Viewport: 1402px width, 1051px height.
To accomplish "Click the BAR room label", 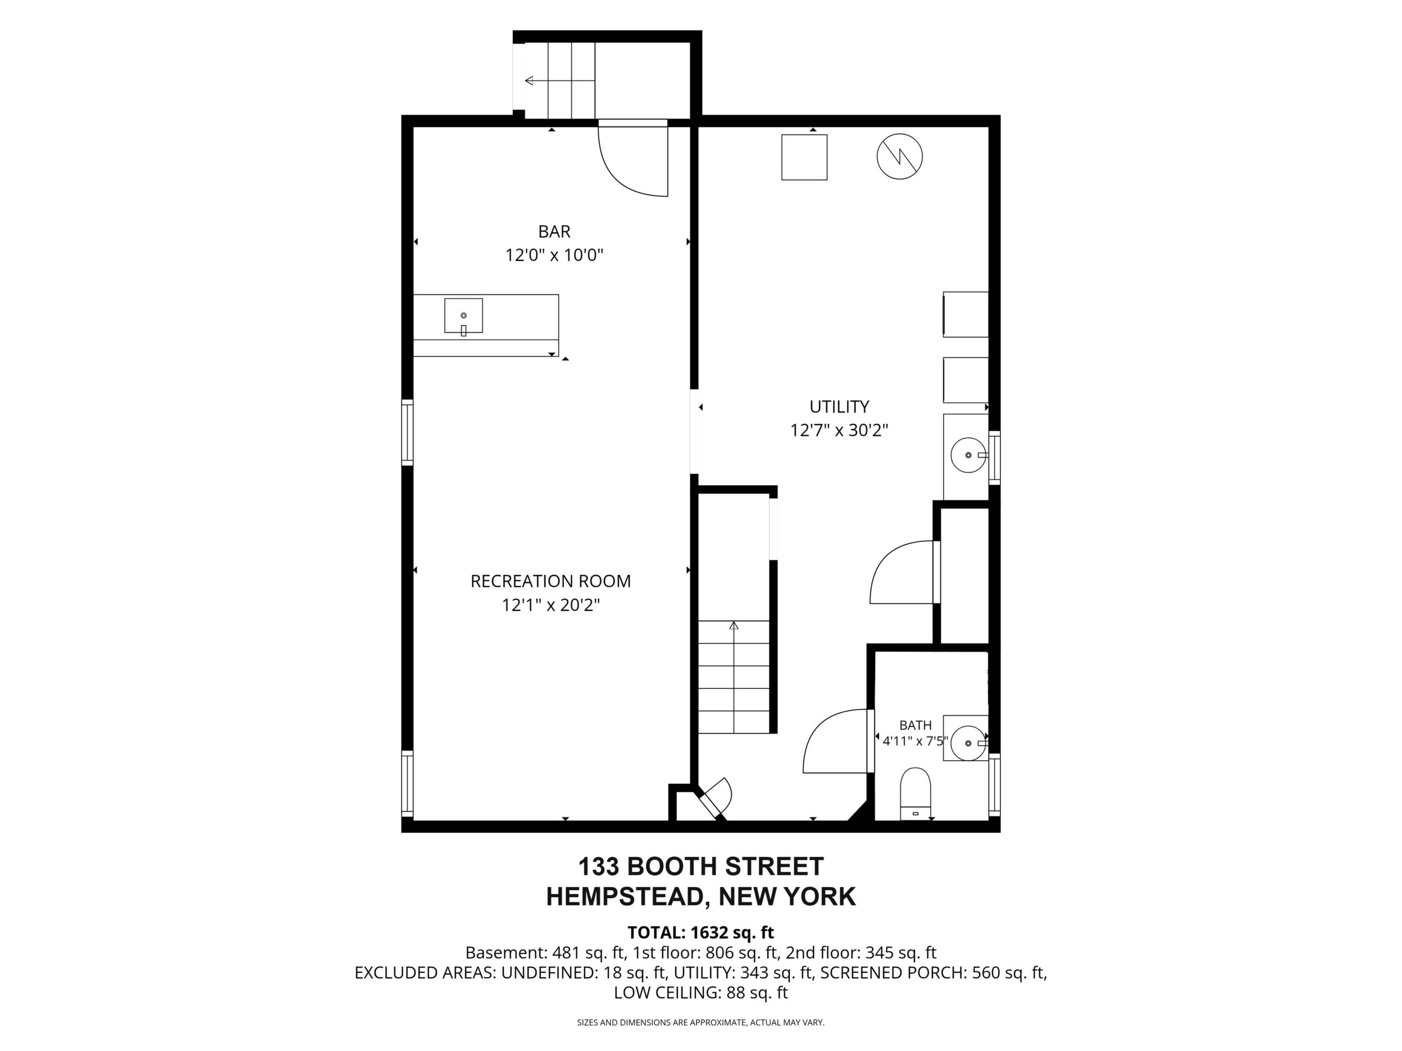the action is pos(554,231).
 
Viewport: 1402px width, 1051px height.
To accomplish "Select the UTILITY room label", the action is pos(839,406).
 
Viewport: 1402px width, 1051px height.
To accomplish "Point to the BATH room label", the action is pos(915,725).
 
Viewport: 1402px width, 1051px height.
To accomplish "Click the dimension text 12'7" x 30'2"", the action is pos(839,430).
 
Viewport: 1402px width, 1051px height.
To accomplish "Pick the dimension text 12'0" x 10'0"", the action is pos(554,255).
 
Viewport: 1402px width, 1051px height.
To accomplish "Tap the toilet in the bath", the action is pos(915,794).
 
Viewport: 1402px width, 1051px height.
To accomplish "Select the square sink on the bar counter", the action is pos(463,316).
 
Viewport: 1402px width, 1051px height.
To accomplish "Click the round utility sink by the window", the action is pos(968,455).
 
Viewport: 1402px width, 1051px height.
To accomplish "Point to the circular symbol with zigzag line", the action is pos(899,157).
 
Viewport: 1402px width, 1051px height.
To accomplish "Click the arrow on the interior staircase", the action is pos(734,677).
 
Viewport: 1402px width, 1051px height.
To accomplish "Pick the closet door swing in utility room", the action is pos(890,558).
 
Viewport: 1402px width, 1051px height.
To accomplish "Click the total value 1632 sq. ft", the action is pos(732,933).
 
